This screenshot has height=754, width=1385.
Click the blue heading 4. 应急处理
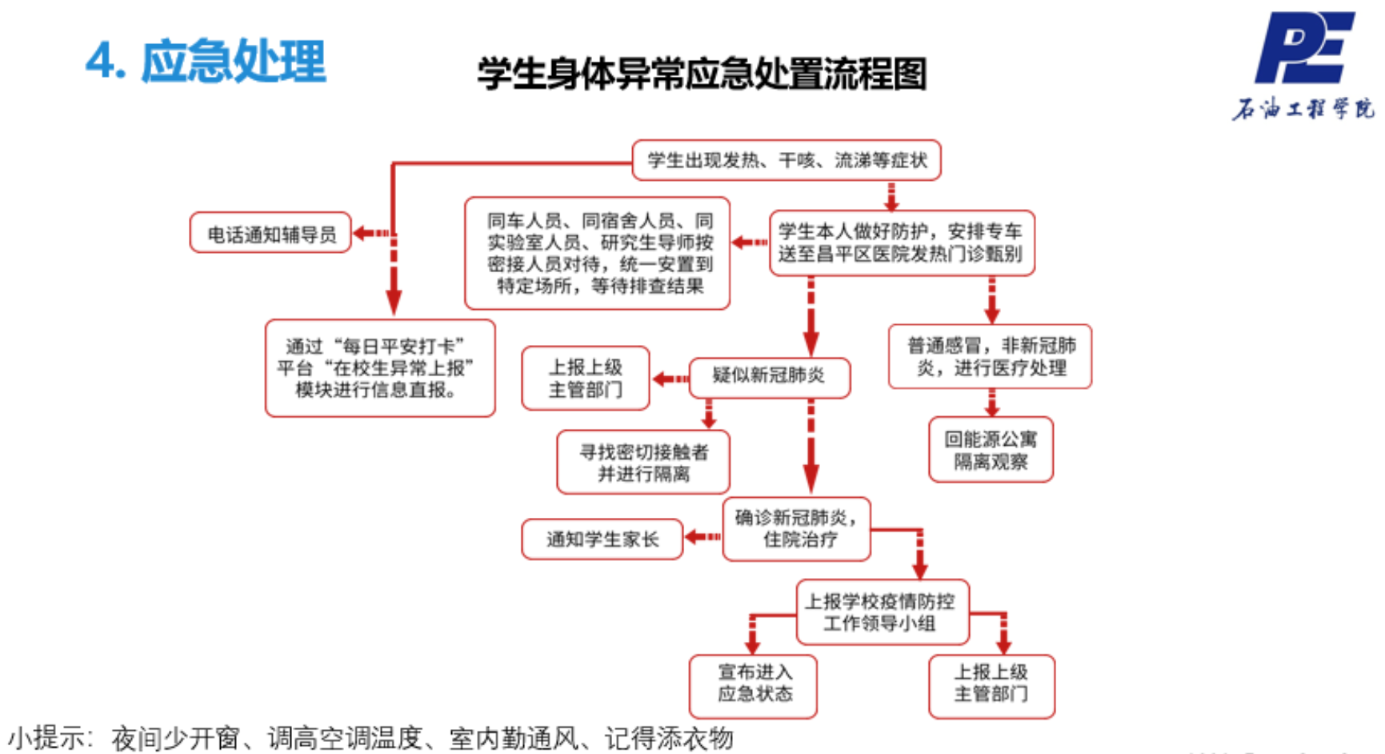tap(206, 61)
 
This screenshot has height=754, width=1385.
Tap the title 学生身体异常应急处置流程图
tap(702, 74)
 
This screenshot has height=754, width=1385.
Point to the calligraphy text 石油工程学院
tap(1303, 109)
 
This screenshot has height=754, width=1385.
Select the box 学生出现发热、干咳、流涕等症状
tap(786, 160)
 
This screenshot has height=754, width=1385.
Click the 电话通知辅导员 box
tap(270, 233)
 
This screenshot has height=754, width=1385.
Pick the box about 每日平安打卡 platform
tap(380, 368)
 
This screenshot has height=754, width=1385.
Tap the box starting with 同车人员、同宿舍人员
tap(597, 253)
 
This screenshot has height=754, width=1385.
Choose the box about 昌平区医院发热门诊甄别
tap(901, 243)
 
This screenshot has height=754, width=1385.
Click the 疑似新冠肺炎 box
tap(769, 376)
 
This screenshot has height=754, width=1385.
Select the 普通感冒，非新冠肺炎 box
tap(990, 356)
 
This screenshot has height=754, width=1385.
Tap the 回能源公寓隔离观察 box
tap(991, 450)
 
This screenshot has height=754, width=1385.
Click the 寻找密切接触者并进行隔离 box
tap(643, 463)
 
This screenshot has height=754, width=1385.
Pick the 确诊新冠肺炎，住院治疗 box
tap(796, 528)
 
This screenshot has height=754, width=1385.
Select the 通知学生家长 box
tap(602, 539)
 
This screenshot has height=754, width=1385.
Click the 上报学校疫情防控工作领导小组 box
tap(882, 612)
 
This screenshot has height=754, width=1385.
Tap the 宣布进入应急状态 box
tap(753, 684)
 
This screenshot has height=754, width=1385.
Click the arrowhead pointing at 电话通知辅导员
tap(361, 233)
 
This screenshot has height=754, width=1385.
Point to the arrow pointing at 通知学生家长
tap(702, 537)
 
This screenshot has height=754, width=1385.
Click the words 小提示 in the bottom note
tap(46, 737)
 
